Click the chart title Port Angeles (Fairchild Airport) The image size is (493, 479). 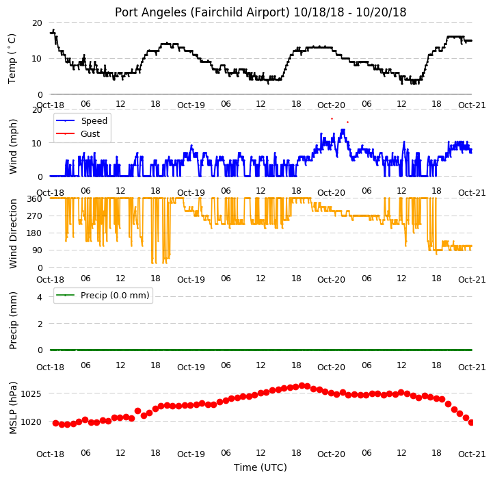pyautogui.click(x=202, y=12)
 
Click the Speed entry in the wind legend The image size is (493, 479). pyautogui.click(x=94, y=121)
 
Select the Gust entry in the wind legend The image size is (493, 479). pyautogui.click(x=90, y=133)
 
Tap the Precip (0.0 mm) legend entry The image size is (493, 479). pyautogui.click(x=115, y=295)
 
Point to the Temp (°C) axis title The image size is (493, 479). pyautogui.click(x=12, y=59)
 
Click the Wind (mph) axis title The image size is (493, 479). pyautogui.click(x=13, y=146)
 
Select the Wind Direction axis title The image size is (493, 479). pyautogui.click(x=13, y=233)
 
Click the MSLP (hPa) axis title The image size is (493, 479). pyautogui.click(x=13, y=408)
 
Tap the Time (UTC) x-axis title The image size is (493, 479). pyautogui.click(x=261, y=467)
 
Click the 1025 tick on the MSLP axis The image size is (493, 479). pyautogui.click(x=31, y=393)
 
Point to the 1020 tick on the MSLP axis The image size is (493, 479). pyautogui.click(x=31, y=422)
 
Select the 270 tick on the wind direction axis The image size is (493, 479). pyautogui.click(x=34, y=216)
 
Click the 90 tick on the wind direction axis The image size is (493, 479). pyautogui.click(x=36, y=250)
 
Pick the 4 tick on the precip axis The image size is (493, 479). pyautogui.click(x=39, y=297)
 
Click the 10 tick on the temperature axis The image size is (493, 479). pyautogui.click(x=36, y=59)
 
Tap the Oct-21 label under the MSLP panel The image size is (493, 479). pyautogui.click(x=472, y=454)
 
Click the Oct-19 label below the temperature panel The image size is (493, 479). pyautogui.click(x=191, y=105)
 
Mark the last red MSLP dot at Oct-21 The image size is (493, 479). pyautogui.click(x=471, y=422)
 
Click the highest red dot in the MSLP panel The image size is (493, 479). pyautogui.click(x=302, y=385)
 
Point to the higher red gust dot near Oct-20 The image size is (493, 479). pyautogui.click(x=332, y=118)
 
